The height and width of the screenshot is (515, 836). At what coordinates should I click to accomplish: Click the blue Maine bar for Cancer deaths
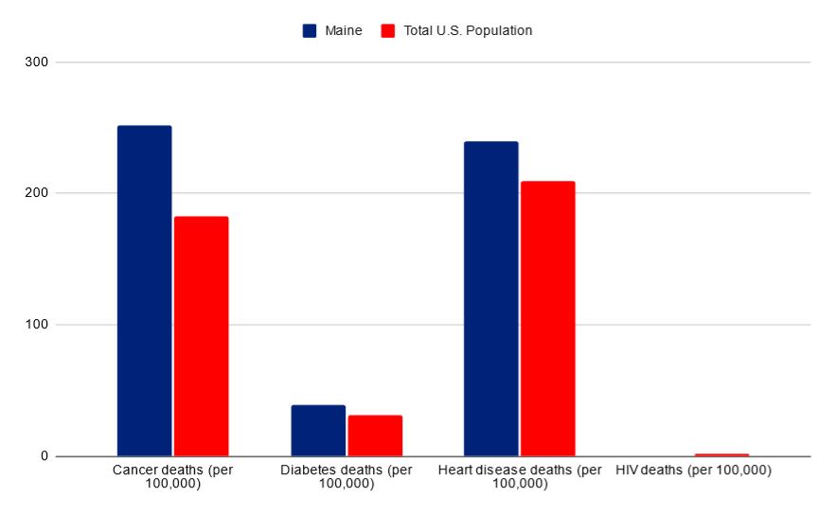coord(144,291)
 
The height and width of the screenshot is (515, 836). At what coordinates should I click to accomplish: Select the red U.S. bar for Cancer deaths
coord(201,336)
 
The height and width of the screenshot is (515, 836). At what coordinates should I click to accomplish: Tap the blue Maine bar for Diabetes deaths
coord(318,431)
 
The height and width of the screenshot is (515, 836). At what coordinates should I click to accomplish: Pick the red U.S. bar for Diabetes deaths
coord(375,435)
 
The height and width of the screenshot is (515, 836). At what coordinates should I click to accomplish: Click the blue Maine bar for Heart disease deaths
coord(490,298)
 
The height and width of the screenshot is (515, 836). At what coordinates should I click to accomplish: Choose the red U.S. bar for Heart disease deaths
coord(547,318)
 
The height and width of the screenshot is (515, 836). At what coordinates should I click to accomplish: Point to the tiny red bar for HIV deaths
coord(721,454)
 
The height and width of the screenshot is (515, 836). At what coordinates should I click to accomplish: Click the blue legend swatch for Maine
coord(310,30)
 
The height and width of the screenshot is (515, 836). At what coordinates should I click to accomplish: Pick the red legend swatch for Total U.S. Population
coord(388,30)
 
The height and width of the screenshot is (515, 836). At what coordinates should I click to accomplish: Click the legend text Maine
coord(344,30)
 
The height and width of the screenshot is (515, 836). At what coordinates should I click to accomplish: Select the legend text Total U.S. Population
coord(468,30)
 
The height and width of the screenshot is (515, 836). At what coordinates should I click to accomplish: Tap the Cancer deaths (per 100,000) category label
coord(172,476)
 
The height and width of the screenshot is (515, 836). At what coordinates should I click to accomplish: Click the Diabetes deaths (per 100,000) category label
coord(347,476)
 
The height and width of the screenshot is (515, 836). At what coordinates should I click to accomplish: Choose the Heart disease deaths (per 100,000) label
coord(520,476)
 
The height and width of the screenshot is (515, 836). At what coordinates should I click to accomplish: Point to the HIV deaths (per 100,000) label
coord(693,470)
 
